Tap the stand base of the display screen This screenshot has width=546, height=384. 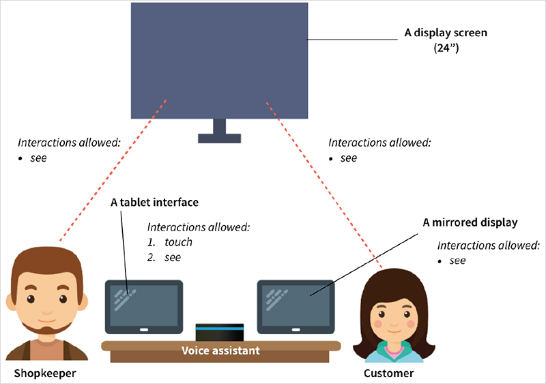click(219, 138)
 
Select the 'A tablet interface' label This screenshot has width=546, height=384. click(154, 203)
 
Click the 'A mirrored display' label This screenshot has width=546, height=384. click(470, 222)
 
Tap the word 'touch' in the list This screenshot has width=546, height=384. click(179, 242)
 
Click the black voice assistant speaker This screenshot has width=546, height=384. click(220, 332)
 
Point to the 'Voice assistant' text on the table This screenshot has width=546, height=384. click(220, 351)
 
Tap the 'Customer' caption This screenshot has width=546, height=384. click(388, 374)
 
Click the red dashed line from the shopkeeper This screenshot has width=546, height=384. click(113, 171)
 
